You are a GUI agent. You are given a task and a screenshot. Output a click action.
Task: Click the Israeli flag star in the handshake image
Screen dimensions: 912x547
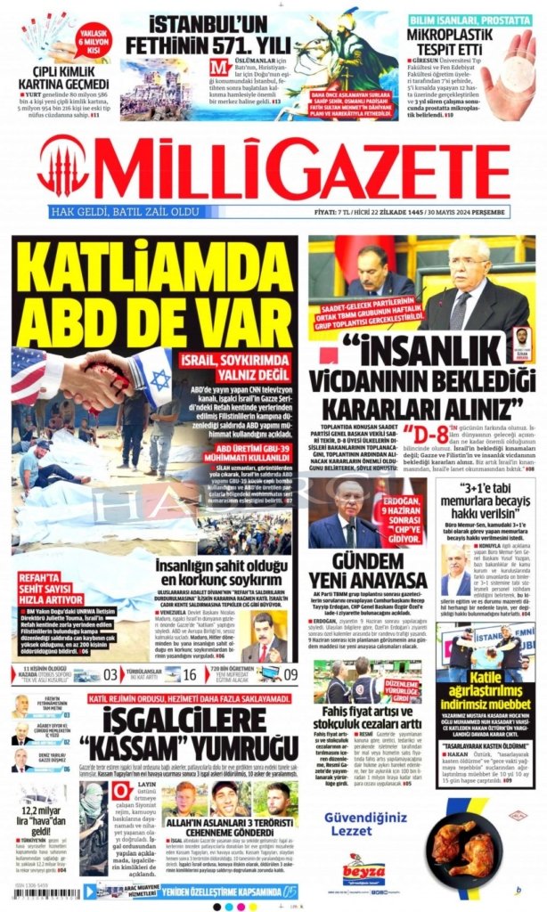pos(160,378)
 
